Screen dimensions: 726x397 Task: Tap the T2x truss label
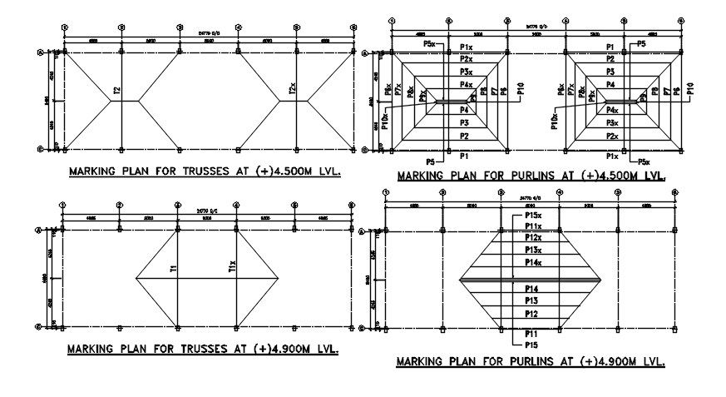click(x=292, y=88)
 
